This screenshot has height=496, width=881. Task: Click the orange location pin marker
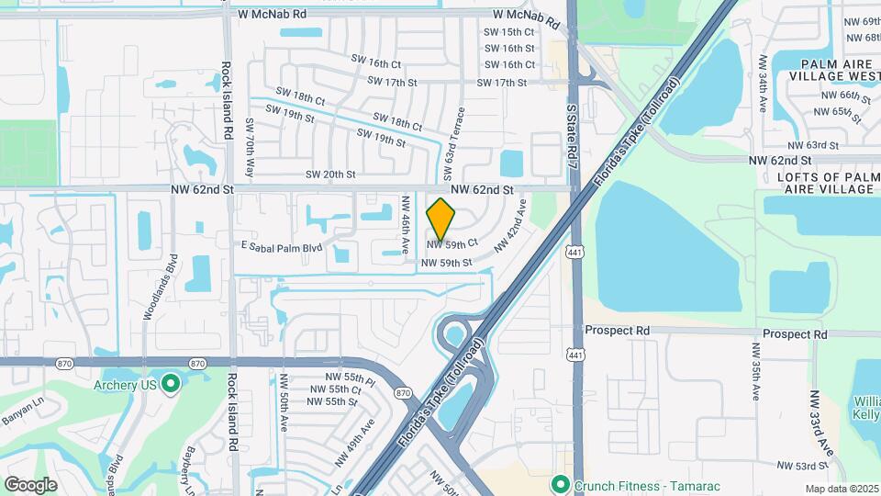pyautogui.click(x=441, y=220)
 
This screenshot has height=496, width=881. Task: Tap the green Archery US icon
pyautogui.click(x=170, y=384)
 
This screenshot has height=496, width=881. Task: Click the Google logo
pyautogui.click(x=30, y=484)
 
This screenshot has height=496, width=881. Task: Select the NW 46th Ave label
pyautogui.click(x=406, y=223)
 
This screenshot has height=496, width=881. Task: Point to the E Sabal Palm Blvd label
pyautogui.click(x=282, y=247)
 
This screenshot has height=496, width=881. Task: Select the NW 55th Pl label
pyautogui.click(x=350, y=378)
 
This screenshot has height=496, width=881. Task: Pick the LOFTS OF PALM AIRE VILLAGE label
pyautogui.click(x=826, y=183)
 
